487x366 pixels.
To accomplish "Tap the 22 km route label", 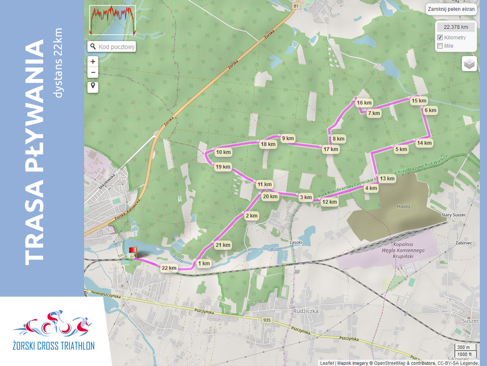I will (169, 268).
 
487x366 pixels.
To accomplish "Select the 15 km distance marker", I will (419, 101).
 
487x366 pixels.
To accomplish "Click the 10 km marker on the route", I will (223, 152).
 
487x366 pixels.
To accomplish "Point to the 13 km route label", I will (387, 179).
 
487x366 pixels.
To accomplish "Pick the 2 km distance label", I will (251, 216).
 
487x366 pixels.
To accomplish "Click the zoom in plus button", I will (93, 61).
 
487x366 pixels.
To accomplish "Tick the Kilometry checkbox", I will (440, 38).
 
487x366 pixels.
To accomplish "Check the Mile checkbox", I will (440, 46).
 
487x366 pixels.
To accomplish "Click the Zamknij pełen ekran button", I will (450, 9).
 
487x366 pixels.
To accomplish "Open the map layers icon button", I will (469, 64).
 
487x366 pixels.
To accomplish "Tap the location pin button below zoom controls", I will (93, 87).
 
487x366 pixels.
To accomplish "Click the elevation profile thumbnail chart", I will (112, 20).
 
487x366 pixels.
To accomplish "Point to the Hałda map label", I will (403, 206).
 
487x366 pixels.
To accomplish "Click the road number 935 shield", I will (267, 320).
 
